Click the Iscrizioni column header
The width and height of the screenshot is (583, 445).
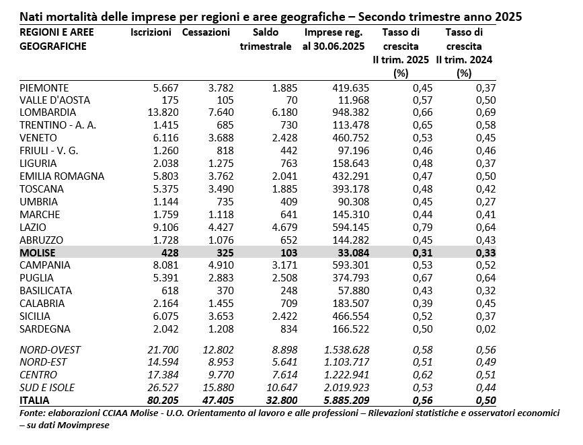pyautogui.click(x=151, y=32)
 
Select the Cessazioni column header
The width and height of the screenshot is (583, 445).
pyautogui.click(x=206, y=32)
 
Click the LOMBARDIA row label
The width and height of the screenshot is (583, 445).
pyautogui.click(x=48, y=112)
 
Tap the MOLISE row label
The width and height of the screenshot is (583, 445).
pyautogui.click(x=38, y=253)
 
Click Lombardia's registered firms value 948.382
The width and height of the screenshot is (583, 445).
pyautogui.click(x=350, y=112)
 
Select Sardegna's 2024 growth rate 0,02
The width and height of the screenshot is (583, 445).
pyautogui.click(x=486, y=329)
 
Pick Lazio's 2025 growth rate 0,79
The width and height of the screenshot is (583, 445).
pyautogui.click(x=423, y=227)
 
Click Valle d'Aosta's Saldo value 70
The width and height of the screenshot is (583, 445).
pyautogui.click(x=292, y=100)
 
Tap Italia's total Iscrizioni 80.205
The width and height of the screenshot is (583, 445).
pyautogui.click(x=163, y=401)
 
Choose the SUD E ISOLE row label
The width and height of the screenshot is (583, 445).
pyautogui.click(x=47, y=388)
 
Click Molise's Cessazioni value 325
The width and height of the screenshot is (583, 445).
pyautogui.click(x=225, y=253)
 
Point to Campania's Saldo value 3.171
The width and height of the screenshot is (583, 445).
pyautogui.click(x=285, y=265)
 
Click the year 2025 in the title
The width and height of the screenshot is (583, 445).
pyautogui.click(x=508, y=17)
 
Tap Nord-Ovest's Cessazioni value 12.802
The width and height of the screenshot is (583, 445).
pyautogui.click(x=219, y=350)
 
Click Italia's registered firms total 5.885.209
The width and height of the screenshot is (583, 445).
pyautogui.click(x=346, y=401)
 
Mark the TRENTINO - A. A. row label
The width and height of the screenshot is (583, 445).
pyautogui.click(x=58, y=125)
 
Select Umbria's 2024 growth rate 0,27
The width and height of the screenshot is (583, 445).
pyautogui.click(x=486, y=202)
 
